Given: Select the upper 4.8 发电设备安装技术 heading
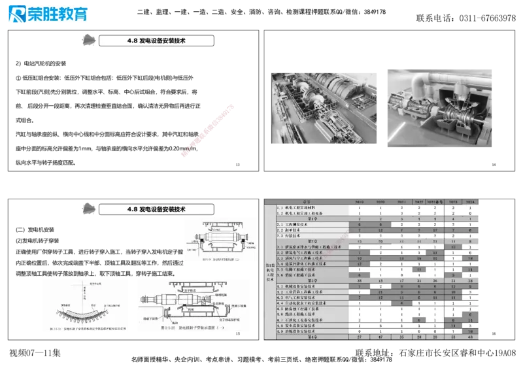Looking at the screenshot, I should (157, 41).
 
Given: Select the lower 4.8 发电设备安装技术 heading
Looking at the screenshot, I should (157, 209).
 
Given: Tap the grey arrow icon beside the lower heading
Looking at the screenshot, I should (86, 209).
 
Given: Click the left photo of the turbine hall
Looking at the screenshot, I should (324, 107).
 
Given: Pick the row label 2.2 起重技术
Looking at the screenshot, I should (294, 230).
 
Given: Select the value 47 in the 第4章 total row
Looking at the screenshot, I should (380, 337).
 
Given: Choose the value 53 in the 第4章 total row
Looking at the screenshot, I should (452, 337).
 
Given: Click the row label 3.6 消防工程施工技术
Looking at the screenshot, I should (302, 275).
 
